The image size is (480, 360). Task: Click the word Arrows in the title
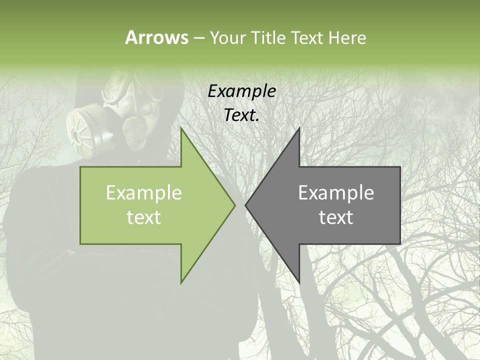(x=156, y=37)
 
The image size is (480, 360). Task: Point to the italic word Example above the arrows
(x=242, y=91)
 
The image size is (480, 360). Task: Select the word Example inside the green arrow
(x=144, y=192)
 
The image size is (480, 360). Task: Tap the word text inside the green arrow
(x=144, y=217)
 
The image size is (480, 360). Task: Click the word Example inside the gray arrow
(x=336, y=192)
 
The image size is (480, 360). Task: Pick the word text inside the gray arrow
(x=336, y=217)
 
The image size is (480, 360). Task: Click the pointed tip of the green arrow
(x=234, y=205)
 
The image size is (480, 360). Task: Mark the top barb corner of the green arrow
(x=181, y=128)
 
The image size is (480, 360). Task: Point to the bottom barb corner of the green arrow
(x=181, y=282)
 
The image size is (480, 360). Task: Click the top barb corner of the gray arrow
(x=299, y=128)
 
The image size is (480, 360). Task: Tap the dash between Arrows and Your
(x=198, y=37)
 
